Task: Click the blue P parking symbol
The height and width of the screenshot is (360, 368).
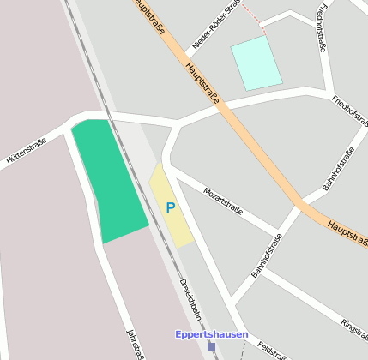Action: [170, 207]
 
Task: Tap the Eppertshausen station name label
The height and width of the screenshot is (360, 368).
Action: [211, 334]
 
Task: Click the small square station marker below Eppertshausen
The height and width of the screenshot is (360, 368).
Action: [211, 346]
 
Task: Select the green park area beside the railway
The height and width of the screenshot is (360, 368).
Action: [108, 180]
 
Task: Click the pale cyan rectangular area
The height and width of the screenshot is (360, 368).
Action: [256, 62]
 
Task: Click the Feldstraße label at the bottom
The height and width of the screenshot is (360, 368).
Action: [272, 351]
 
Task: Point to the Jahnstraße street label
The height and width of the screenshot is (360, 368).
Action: [134, 343]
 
